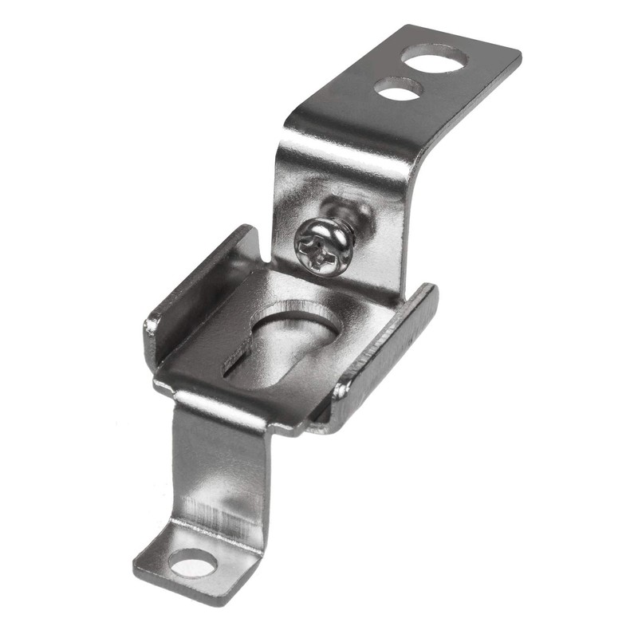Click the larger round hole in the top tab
(x=434, y=57)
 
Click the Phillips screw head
(x=323, y=247)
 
